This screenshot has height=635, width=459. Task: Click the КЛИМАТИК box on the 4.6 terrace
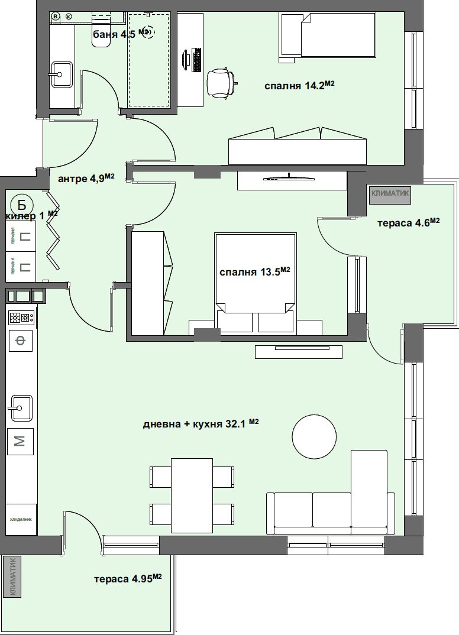(x=390, y=193)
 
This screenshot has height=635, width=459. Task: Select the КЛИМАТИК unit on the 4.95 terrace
(x=12, y=576)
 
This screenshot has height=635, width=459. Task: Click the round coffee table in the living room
(x=314, y=436)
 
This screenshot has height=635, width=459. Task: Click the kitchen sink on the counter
(x=20, y=408)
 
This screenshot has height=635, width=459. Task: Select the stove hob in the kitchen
(x=21, y=318)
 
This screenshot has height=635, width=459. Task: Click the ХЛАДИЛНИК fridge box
(x=21, y=519)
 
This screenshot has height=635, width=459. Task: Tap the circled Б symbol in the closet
(x=21, y=205)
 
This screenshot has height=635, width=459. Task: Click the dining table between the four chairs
(x=192, y=495)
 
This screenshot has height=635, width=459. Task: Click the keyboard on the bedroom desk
(x=196, y=60)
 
